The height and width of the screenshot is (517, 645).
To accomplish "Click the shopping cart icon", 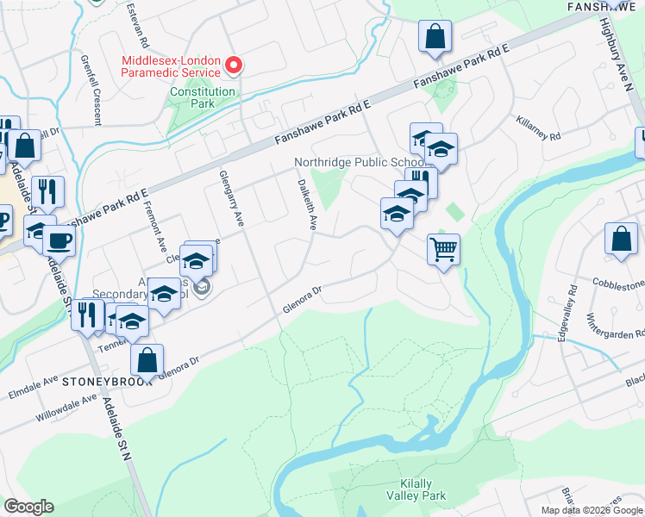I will tap(443, 249).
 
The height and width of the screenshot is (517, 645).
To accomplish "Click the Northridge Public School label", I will tap(360, 162).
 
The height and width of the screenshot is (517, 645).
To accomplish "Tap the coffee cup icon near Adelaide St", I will tap(59, 240).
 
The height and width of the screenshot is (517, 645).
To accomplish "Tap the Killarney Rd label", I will tap(539, 129).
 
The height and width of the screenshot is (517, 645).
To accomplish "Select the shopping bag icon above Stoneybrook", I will tap(147, 359).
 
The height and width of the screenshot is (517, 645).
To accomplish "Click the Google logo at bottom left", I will tap(28, 507).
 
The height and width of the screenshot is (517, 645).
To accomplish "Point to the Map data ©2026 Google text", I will tap(592, 510).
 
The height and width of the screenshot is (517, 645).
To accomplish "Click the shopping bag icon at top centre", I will tap(435, 36).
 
